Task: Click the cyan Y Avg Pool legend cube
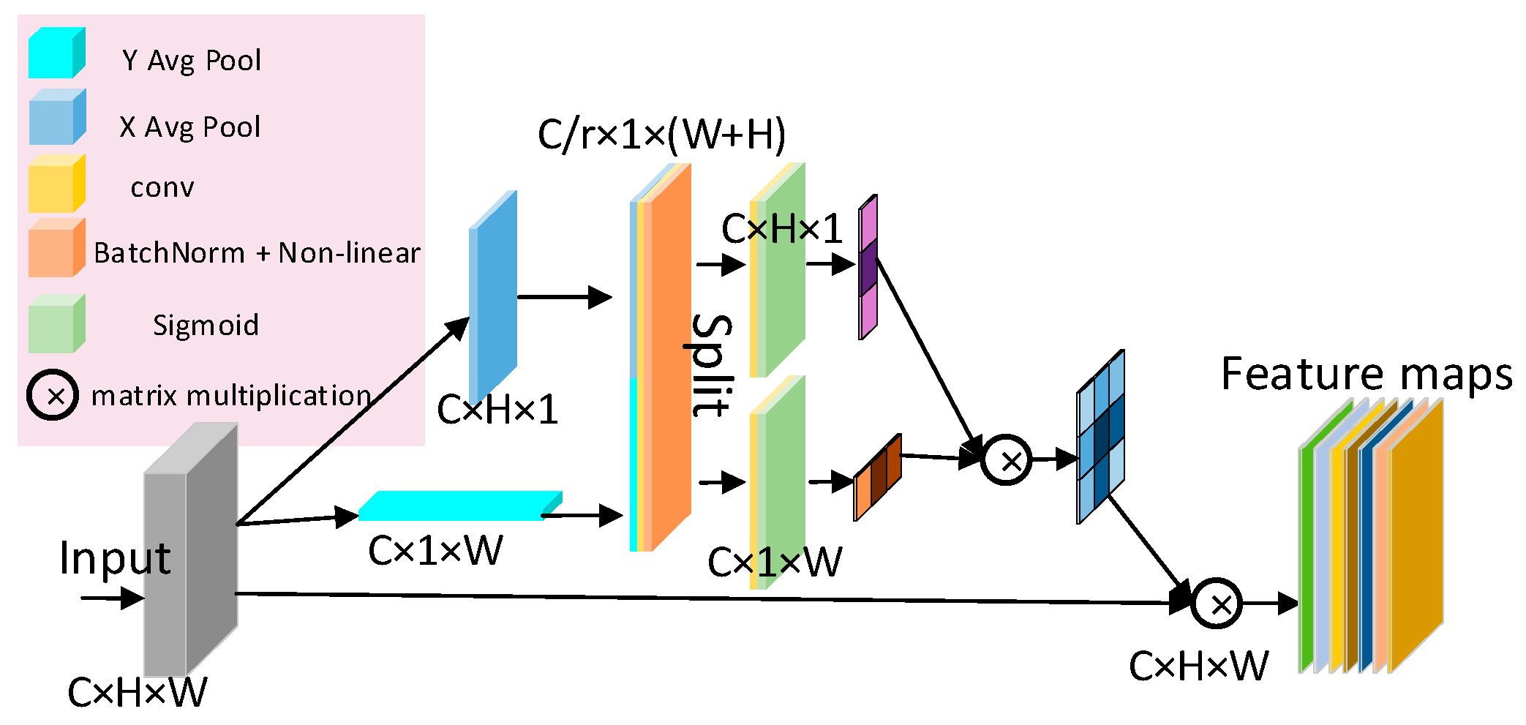(x=56, y=53)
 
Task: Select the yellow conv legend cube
(x=56, y=185)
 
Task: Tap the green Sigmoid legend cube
(x=56, y=325)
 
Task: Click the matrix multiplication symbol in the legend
(x=53, y=396)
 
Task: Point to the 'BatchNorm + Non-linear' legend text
(x=257, y=253)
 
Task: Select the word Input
(x=115, y=558)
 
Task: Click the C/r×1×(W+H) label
(x=661, y=135)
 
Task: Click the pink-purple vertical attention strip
(x=868, y=267)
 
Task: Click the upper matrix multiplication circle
(x=1006, y=460)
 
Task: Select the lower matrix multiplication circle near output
(x=1216, y=604)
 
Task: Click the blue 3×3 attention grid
(x=1100, y=437)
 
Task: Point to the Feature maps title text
(x=1366, y=375)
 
